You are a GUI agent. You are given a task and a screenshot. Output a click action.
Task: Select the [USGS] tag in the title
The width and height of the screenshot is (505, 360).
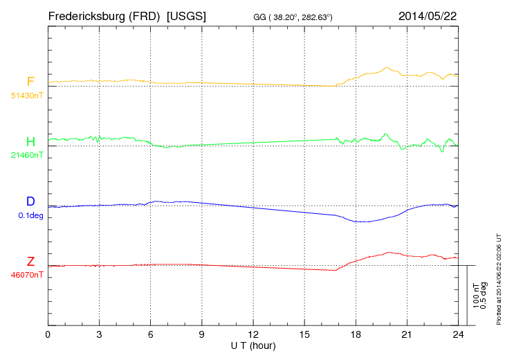point(186,15)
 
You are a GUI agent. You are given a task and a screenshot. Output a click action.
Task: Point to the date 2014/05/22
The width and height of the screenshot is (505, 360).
point(428,15)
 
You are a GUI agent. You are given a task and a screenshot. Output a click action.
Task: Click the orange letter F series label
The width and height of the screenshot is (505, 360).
point(30,82)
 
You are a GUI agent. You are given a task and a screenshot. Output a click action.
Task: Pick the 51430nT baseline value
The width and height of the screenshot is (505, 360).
point(27,96)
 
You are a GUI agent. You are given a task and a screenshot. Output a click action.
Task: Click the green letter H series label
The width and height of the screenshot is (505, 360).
point(30,142)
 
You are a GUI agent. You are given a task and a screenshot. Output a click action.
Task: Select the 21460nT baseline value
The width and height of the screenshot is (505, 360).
point(27,155)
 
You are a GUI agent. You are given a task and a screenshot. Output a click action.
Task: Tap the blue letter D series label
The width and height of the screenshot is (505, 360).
point(30,201)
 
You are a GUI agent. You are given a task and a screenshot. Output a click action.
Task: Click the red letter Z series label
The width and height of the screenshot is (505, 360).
point(30,262)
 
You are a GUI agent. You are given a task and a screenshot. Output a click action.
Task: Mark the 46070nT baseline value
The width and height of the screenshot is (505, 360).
point(27,275)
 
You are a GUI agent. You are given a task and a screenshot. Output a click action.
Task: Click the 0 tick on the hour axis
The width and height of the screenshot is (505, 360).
point(48,335)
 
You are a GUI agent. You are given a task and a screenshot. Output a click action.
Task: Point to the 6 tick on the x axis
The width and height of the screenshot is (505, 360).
point(151,335)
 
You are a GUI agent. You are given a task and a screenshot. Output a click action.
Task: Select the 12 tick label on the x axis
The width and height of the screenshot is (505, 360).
point(253,335)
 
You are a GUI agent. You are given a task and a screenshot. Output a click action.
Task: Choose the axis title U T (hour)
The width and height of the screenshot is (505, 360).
point(253,345)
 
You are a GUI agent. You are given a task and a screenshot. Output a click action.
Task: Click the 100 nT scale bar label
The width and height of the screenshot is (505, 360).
point(475,295)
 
